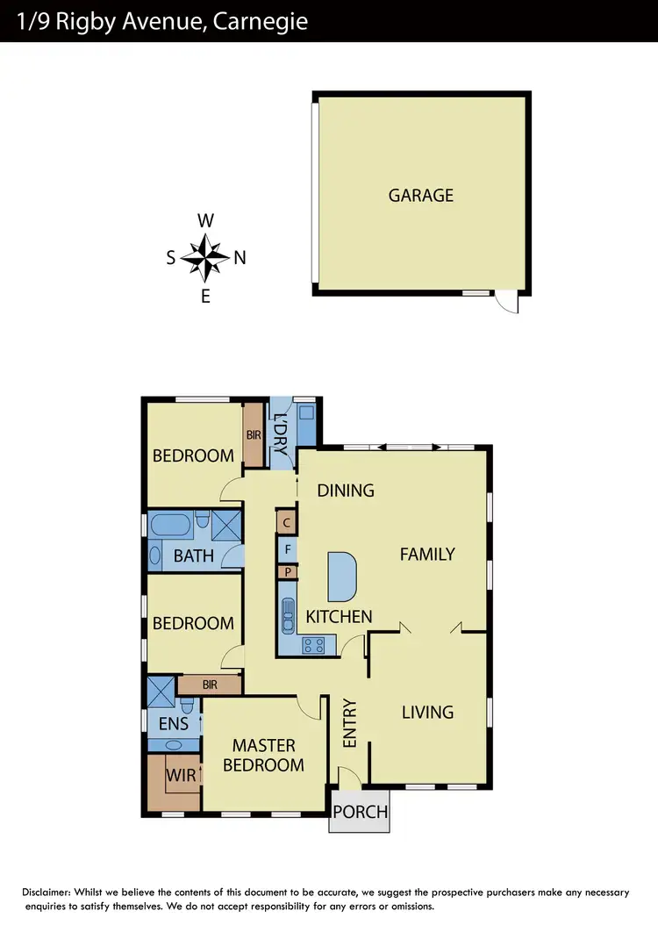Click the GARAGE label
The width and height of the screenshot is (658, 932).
coord(421,195)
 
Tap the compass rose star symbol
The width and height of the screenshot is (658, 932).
coord(205,257)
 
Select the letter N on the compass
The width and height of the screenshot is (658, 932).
coord(240,258)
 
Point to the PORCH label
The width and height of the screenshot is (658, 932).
coord(360,812)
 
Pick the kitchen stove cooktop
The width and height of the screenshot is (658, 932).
coord(314,645)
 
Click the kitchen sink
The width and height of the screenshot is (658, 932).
coord(288,613)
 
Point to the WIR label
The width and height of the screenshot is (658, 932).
coord(181,776)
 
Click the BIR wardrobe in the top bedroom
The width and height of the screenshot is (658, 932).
coord(254,434)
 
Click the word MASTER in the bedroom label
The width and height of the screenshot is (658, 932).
coord(263,745)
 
